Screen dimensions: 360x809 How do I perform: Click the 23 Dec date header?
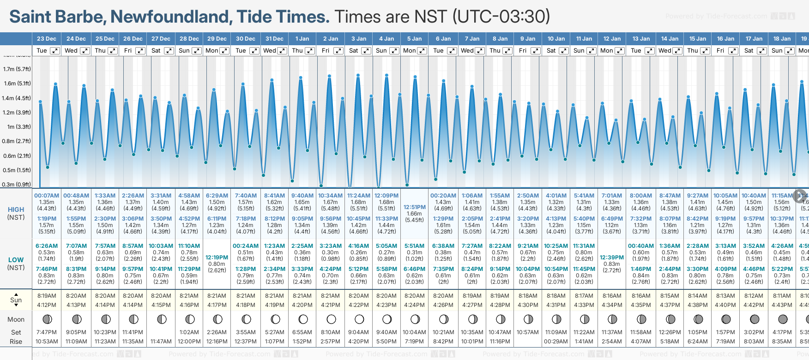click(47, 39)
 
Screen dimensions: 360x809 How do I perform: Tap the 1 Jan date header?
click(302, 39)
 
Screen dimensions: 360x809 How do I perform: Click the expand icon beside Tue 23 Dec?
click(55, 51)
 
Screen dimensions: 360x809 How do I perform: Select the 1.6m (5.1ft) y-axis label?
click(17, 84)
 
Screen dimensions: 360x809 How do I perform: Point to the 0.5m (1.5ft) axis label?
click(17, 170)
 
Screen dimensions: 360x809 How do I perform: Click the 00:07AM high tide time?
click(47, 196)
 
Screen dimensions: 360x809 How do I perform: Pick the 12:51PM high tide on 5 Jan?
click(414, 207)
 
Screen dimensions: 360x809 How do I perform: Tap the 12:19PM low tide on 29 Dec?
click(217, 258)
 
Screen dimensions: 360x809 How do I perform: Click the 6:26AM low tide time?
click(47, 246)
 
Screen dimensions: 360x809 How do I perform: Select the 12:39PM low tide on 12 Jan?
click(612, 258)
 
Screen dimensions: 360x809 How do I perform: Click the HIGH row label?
click(16, 210)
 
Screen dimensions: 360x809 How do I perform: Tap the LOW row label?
click(16, 260)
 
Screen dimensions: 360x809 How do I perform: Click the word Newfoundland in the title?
click(171, 17)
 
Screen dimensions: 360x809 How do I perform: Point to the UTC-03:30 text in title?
click(501, 17)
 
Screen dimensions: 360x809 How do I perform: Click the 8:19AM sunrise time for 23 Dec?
click(47, 296)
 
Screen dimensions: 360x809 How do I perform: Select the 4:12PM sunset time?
click(47, 305)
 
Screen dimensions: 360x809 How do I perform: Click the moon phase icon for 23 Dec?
click(47, 319)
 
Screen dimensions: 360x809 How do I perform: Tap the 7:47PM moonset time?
click(47, 332)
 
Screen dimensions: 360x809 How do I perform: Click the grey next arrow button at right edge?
click(800, 196)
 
